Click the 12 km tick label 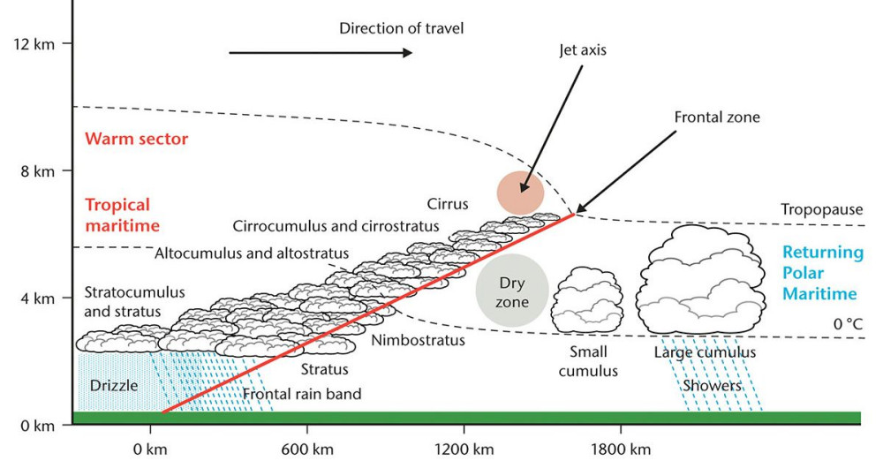pos(34,44)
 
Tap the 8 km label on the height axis pos(38,171)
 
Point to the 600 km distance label pos(307,450)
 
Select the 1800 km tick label pos(621,450)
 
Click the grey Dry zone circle pos(512,291)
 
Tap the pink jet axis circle pos(520,193)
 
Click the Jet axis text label pos(583,50)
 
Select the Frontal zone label pos(717,117)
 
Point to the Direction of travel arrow pos(321,53)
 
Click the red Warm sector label pos(136,139)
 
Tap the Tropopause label pos(821,209)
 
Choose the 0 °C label pos(848,324)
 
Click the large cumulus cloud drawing pos(700,279)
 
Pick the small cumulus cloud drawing pos(587,299)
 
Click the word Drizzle pos(114,386)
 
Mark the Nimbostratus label pos(418,340)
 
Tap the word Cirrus pos(448,204)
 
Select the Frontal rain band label pos(302,394)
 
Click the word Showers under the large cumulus pos(712,386)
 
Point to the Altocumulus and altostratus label pos(252,253)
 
